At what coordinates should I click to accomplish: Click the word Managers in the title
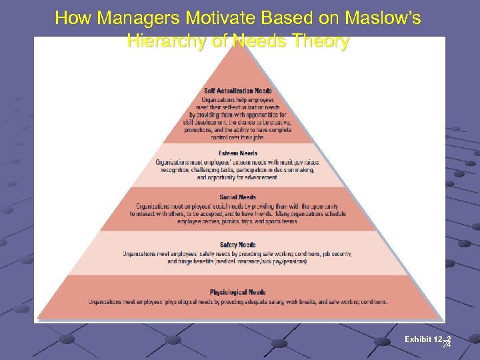127,18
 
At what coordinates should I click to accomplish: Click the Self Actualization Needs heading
238,91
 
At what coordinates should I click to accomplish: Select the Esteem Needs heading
238,153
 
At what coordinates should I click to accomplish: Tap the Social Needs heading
238,197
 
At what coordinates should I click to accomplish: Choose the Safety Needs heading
238,245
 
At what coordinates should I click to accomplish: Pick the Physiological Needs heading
238,292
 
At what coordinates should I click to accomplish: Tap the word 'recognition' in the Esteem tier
176,170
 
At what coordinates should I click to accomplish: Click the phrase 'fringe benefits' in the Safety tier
187,261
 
